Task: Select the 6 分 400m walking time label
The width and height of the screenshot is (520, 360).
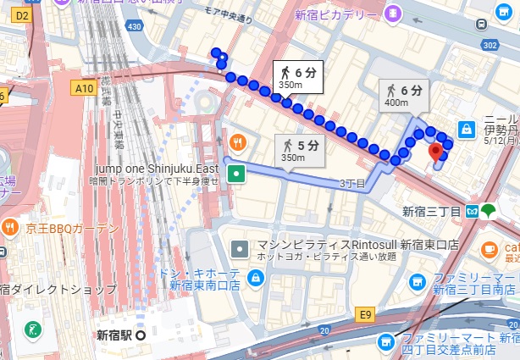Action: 404,96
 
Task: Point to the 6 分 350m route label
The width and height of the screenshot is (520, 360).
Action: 299,77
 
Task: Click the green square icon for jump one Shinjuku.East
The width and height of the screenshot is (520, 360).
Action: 238,174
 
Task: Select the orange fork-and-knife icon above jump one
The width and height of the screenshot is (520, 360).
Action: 238,141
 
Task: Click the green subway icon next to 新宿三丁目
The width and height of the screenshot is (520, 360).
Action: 489,211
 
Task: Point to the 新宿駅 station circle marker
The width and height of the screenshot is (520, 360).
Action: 141,334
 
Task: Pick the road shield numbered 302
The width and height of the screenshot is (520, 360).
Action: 511,45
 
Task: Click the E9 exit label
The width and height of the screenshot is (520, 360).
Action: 365,315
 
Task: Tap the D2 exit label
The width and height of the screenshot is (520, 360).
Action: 22,15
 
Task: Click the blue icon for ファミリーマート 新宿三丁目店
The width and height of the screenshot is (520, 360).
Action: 417,283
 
